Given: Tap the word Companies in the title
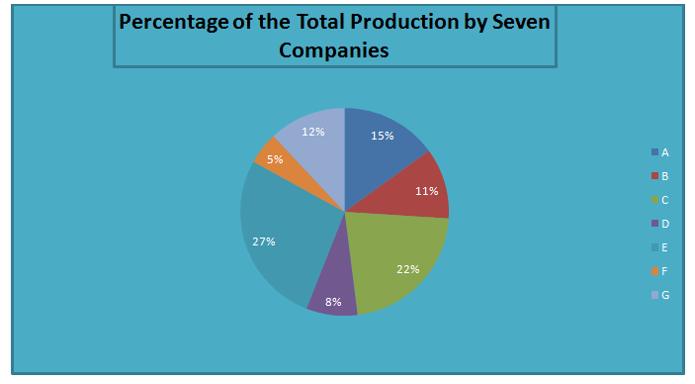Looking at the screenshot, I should (x=334, y=48).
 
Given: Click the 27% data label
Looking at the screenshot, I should (x=264, y=240).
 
